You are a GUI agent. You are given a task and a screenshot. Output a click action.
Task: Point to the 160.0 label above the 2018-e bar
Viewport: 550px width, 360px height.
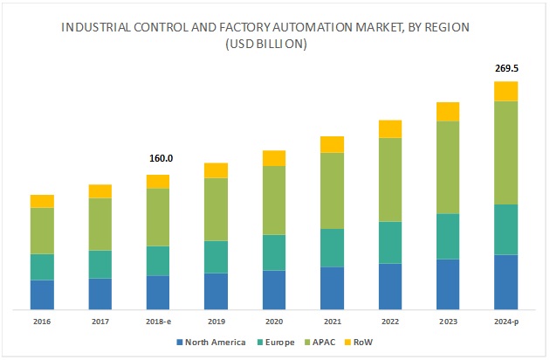coord(158,159)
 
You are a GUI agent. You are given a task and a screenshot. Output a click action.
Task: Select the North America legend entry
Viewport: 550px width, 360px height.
coord(214,342)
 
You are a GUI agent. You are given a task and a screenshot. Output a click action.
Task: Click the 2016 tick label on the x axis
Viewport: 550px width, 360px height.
coord(42,321)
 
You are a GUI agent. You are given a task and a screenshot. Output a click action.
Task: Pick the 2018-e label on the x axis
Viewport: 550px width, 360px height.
coord(158,321)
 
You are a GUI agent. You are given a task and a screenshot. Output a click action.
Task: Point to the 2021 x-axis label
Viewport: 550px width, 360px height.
coord(332,321)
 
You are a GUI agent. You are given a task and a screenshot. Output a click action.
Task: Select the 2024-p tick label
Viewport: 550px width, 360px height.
coord(505,321)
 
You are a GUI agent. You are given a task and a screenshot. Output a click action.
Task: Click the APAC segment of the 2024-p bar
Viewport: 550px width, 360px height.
coord(505,153)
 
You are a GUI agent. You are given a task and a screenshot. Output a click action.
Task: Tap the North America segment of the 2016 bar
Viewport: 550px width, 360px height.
coord(42,294)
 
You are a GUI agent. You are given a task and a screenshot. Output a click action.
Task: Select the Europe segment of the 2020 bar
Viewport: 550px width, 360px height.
coord(274,253)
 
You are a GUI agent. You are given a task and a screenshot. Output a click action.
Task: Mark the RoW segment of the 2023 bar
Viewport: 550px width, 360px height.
coord(448,111)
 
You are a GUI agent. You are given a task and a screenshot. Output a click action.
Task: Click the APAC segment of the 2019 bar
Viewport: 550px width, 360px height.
coord(216,210)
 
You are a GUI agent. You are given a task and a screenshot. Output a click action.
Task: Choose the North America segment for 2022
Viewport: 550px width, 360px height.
coord(390,286)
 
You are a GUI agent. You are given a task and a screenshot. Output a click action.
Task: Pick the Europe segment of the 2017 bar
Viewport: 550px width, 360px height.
coord(100,264)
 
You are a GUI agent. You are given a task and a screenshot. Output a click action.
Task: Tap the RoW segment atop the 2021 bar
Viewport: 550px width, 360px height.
coord(332,144)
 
